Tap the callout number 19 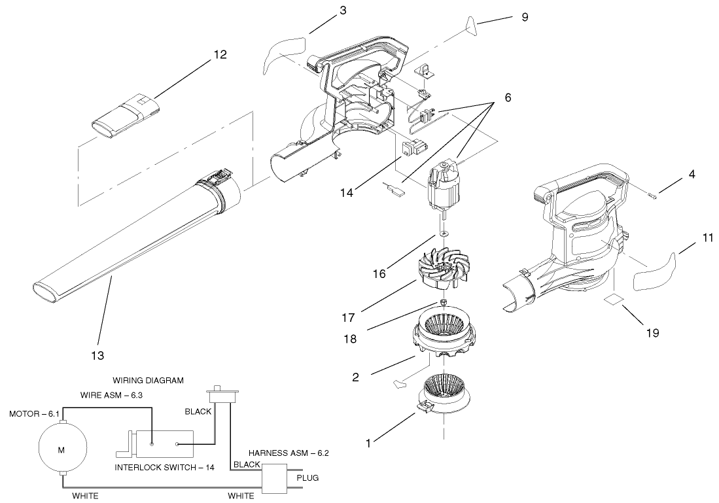[652, 333]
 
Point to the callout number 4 [673, 175]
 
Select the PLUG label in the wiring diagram [307, 478]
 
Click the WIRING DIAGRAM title [148, 379]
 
